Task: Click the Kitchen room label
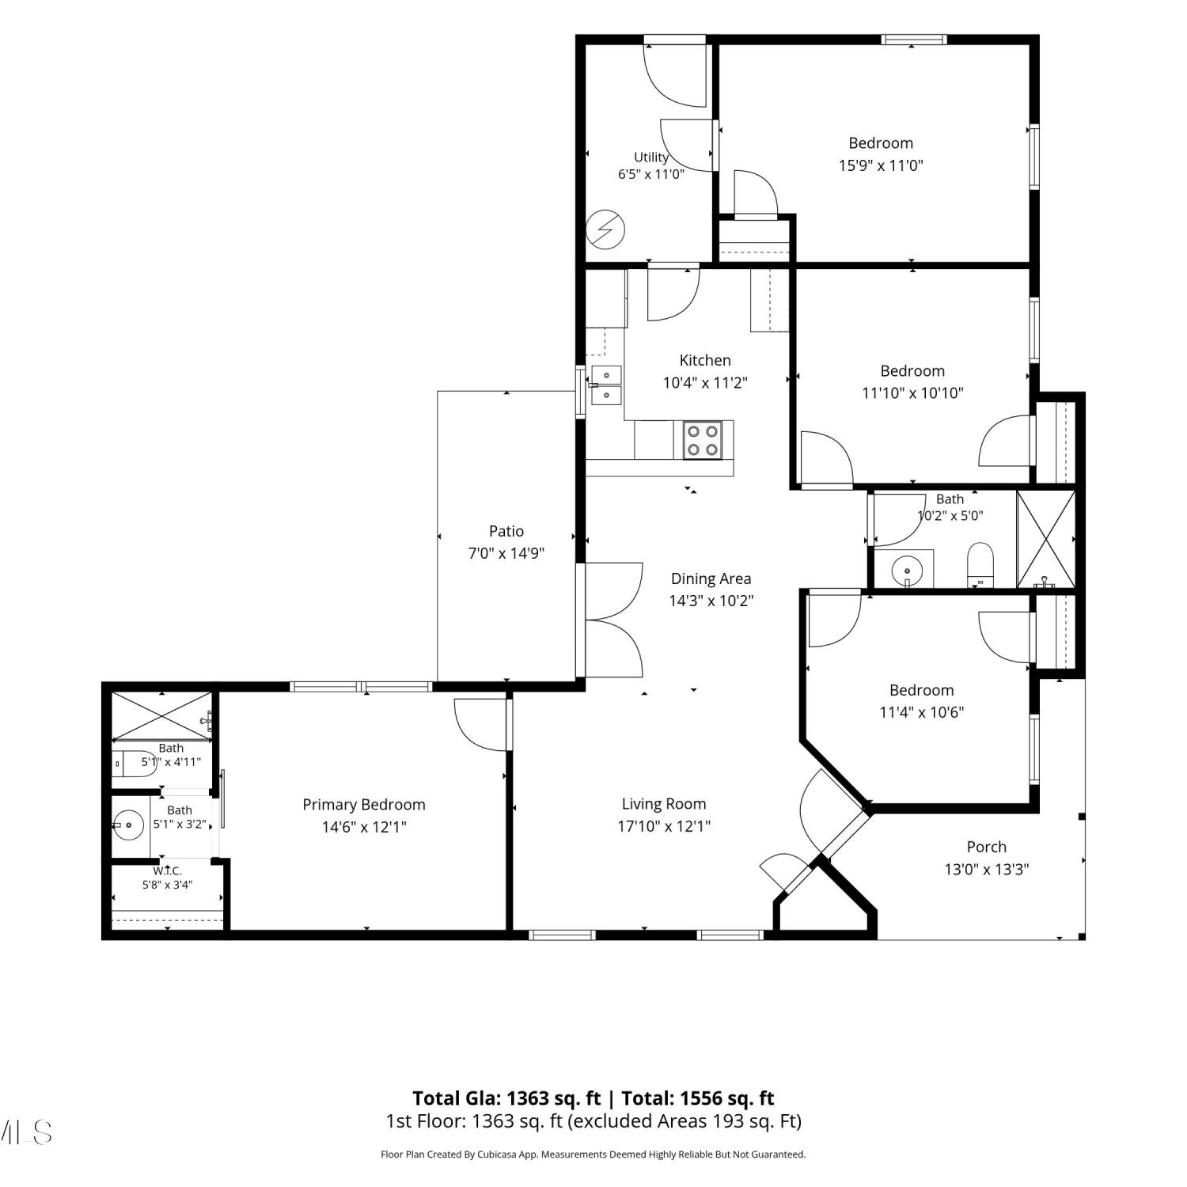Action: pyautogui.click(x=705, y=360)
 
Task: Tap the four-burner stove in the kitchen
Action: pyautogui.click(x=703, y=440)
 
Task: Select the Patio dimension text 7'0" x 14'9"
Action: pyautogui.click(x=506, y=553)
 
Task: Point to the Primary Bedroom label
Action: pyautogui.click(x=364, y=805)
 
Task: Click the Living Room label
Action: pyautogui.click(x=664, y=804)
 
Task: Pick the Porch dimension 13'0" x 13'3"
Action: pyautogui.click(x=987, y=869)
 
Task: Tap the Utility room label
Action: pyautogui.click(x=651, y=157)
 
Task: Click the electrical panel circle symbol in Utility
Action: pyautogui.click(x=605, y=230)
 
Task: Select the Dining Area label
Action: pyautogui.click(x=711, y=578)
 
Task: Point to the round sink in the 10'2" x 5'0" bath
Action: pyautogui.click(x=907, y=569)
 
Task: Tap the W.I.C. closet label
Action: pyautogui.click(x=168, y=870)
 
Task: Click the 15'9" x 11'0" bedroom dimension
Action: pyautogui.click(x=881, y=165)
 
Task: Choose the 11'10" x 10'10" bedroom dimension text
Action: pyautogui.click(x=912, y=393)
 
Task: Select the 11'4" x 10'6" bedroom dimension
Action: pyautogui.click(x=922, y=712)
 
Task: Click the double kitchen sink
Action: pyautogui.click(x=607, y=385)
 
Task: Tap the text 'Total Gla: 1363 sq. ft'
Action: pyautogui.click(x=506, y=1098)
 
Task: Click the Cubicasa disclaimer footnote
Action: pyautogui.click(x=593, y=1155)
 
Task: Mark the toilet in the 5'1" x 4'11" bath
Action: pyautogui.click(x=135, y=764)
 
